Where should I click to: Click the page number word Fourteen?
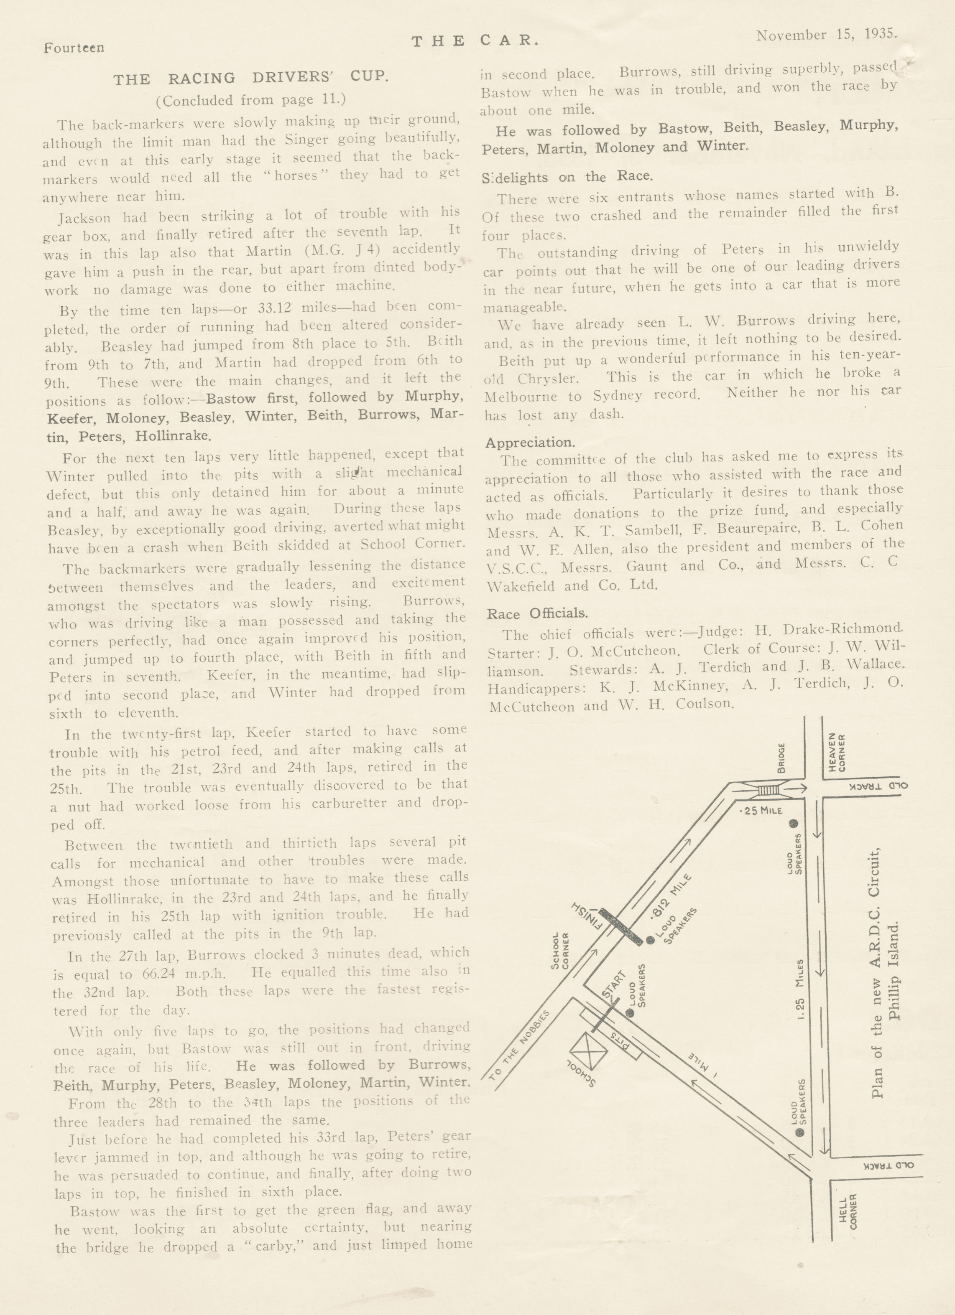pyautogui.click(x=74, y=48)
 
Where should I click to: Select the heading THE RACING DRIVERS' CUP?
pyautogui.click(x=250, y=78)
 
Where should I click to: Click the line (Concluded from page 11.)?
pyautogui.click(x=250, y=100)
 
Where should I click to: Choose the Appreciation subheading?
pyautogui.click(x=530, y=443)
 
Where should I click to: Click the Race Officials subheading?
pyautogui.click(x=537, y=613)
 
